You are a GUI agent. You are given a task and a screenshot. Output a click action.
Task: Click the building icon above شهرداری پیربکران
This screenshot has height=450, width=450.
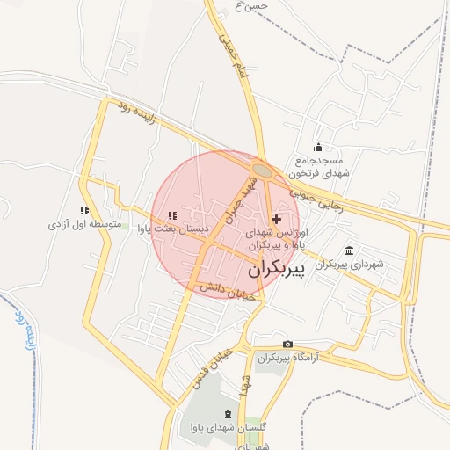[350, 250]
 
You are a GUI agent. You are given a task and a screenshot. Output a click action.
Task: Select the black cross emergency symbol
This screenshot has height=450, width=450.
[277, 218]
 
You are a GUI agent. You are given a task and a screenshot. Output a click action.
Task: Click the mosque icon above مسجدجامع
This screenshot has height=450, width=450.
[318, 148]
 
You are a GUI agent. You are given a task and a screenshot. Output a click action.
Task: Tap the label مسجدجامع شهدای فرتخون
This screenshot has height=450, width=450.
[322, 167]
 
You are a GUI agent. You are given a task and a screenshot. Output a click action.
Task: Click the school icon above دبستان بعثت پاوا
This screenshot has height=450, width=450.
[172, 215]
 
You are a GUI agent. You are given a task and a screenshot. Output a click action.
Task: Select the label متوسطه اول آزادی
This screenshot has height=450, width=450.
[84, 225]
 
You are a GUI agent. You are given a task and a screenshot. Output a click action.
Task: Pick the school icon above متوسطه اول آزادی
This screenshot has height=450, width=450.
[84, 211]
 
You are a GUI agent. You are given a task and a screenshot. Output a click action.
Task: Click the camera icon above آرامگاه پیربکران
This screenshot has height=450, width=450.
[287, 344]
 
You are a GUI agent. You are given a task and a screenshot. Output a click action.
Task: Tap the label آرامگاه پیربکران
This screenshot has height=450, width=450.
[286, 358]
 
